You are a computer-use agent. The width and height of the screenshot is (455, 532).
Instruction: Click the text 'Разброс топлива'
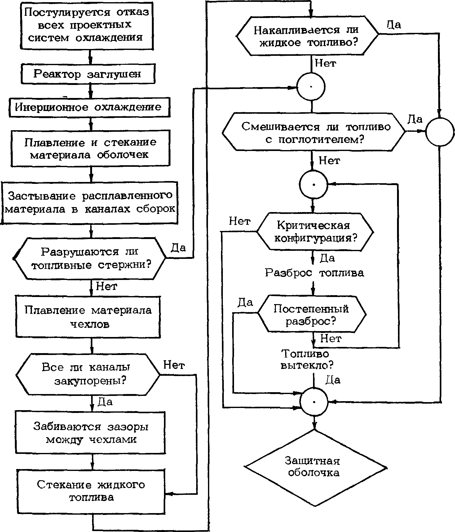coord(315,273)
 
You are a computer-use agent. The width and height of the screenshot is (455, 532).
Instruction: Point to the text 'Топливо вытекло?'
coord(307,359)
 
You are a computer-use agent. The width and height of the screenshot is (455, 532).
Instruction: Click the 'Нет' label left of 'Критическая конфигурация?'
coord(240,221)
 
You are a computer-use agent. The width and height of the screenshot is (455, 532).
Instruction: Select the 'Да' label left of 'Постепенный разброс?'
coord(245,302)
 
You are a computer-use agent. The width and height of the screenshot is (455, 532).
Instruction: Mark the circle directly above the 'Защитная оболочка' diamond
coord(314,388)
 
